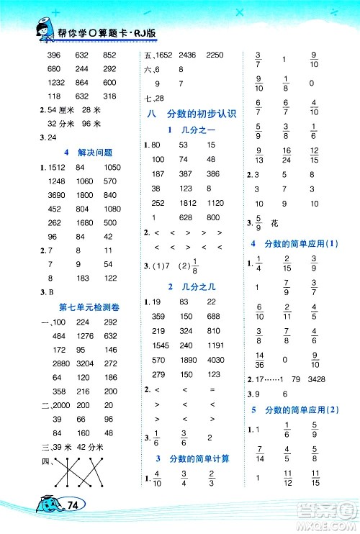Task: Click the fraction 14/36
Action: tap(258, 358)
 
